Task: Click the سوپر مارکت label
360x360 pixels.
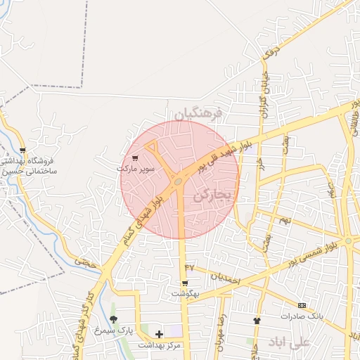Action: [134, 169]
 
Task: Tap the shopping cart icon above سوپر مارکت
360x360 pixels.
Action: [135, 158]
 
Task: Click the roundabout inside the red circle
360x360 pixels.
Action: [178, 182]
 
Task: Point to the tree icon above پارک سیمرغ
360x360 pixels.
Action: [114, 319]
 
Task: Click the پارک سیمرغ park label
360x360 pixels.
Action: [114, 330]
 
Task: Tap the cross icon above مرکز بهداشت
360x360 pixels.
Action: [159, 335]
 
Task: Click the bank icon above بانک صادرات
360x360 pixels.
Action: [302, 305]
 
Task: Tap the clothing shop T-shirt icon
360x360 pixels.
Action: [257, 321]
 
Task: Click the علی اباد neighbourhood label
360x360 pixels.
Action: [288, 342]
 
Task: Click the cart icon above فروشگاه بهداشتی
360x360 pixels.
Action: [24, 150]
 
